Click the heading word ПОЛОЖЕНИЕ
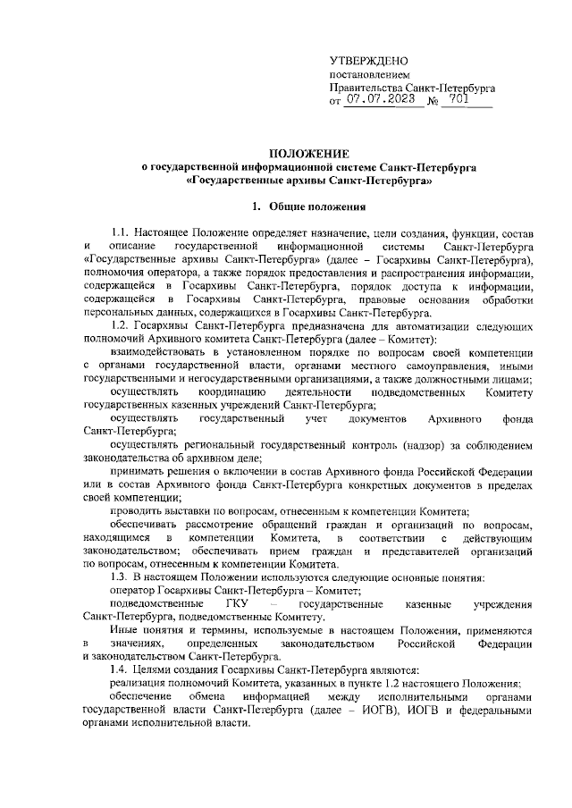[310, 154]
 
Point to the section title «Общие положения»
[319, 207]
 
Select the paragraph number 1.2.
[122, 326]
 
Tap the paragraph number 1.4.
[122, 669]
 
